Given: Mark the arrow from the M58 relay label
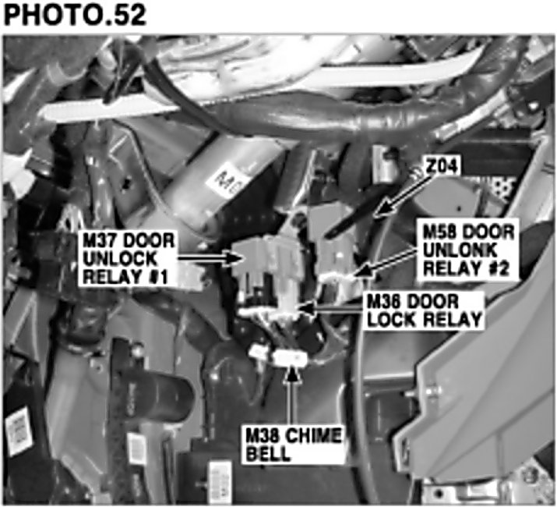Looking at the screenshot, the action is [x=382, y=261].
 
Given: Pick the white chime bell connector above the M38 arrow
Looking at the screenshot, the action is [x=290, y=358].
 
